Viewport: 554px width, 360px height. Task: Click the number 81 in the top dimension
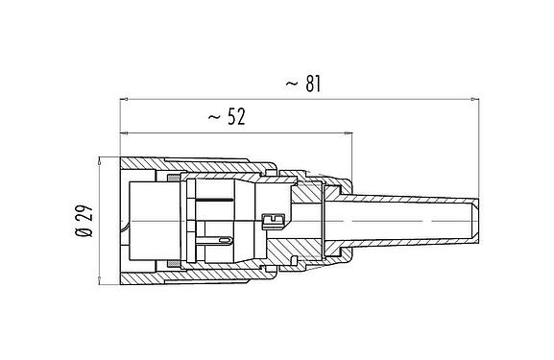click(x=311, y=84)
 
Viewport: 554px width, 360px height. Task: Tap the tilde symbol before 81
click(x=292, y=85)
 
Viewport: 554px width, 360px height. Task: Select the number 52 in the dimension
click(x=232, y=117)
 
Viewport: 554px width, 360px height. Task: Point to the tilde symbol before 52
click(x=212, y=118)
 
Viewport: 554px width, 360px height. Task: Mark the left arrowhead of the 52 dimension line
click(x=124, y=132)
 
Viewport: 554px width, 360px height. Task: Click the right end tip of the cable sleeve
click(x=477, y=221)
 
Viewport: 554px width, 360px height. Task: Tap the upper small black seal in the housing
click(x=171, y=178)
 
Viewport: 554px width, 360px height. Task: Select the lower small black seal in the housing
click(x=171, y=265)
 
